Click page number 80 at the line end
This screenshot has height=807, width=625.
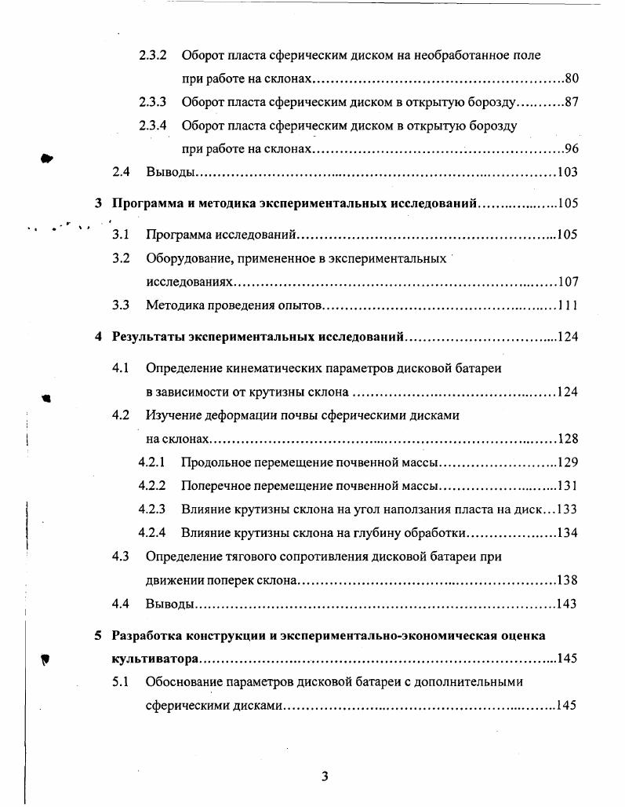(571, 79)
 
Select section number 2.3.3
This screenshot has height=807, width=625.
(153, 102)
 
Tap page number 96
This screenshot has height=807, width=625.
(571, 149)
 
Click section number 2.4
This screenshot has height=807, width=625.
(121, 173)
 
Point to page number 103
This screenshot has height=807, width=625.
(566, 173)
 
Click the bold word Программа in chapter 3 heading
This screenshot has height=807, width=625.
(144, 204)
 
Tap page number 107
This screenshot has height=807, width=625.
(566, 282)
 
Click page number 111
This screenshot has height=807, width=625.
(567, 305)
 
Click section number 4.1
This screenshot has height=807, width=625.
(121, 368)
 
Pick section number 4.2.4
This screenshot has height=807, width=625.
(153, 533)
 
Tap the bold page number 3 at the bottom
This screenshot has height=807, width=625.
(325, 777)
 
